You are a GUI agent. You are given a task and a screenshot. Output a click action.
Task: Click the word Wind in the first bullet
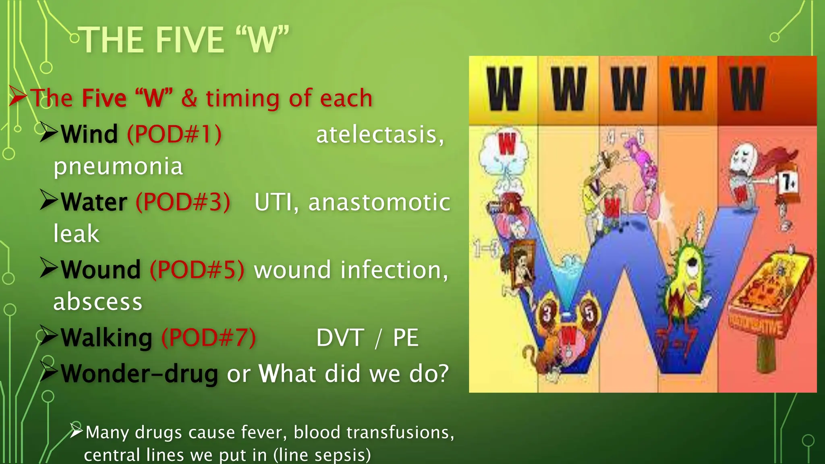pos(89,134)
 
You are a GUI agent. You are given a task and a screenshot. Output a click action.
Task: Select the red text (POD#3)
pos(183,202)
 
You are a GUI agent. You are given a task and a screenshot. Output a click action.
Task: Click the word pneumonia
pos(118,166)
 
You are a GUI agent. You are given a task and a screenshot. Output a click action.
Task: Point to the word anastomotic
pos(379,202)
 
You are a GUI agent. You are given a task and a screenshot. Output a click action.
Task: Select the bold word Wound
pos(101,269)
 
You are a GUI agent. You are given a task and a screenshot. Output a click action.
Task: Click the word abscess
pos(98,302)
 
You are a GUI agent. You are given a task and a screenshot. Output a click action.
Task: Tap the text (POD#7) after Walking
pos(208,337)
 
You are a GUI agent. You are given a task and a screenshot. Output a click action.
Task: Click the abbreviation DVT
pos(340,338)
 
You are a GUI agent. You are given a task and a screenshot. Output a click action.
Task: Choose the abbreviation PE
pos(405,338)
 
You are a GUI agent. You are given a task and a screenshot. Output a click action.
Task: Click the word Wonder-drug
pos(139,373)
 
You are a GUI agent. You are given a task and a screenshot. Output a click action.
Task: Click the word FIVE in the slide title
pos(189,40)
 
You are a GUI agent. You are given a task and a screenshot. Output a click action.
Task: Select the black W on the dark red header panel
pos(747,89)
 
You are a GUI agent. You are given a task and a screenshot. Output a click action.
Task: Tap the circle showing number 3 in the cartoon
pos(547,313)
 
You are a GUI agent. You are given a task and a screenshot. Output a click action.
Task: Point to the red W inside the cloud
pos(507,143)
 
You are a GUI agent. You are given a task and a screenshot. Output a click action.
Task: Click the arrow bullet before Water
pos(49,200)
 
